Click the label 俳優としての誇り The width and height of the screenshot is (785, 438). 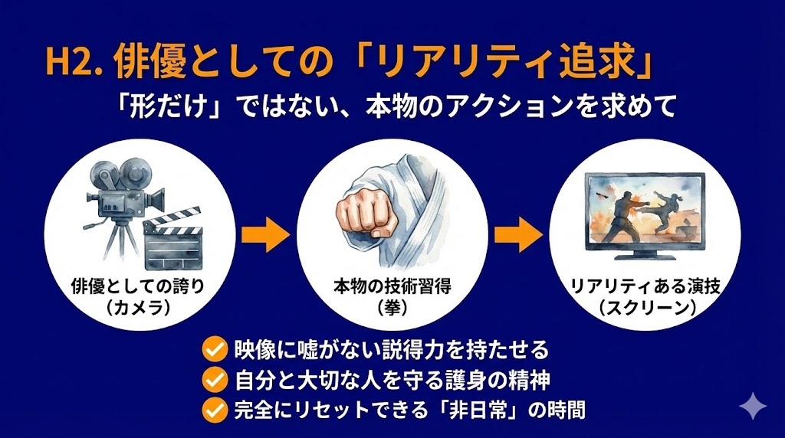coord(141,287)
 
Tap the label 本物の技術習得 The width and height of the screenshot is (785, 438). coord(392,287)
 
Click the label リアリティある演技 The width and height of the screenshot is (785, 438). coord(643,287)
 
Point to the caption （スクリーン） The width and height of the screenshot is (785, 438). coord(643,308)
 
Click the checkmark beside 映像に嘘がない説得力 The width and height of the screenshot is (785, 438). coord(212,351)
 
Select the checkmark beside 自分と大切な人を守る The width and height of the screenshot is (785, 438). coord(212,380)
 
